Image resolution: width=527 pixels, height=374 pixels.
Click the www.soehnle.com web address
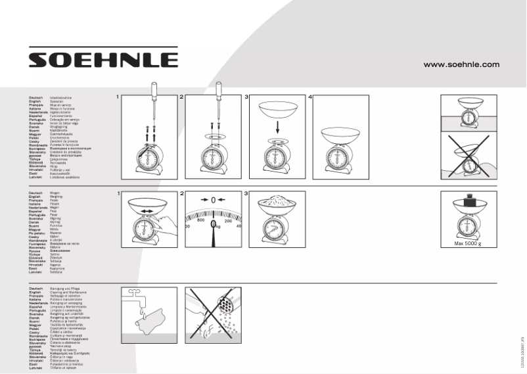[x=461, y=64]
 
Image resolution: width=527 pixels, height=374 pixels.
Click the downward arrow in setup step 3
[x=277, y=129]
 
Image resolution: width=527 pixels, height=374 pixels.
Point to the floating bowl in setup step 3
[x=277, y=109]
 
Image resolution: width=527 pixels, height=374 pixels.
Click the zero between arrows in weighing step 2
[x=213, y=200]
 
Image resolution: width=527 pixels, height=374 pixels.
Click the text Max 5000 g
[x=468, y=244]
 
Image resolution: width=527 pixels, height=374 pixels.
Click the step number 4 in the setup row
[x=310, y=97]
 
